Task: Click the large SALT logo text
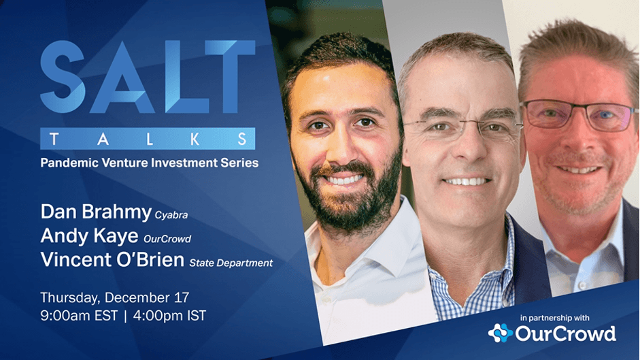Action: tap(148, 77)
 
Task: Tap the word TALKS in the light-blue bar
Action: tap(148, 139)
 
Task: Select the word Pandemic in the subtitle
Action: tap(69, 163)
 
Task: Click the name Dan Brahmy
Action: tap(96, 212)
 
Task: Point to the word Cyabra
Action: tap(171, 215)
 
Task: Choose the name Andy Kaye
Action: tap(89, 235)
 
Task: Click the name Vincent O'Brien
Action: tap(112, 259)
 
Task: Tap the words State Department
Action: tap(231, 263)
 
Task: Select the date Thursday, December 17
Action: tap(115, 297)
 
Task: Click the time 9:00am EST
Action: tap(79, 316)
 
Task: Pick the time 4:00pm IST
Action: tap(169, 316)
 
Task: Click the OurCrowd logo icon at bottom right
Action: tap(501, 333)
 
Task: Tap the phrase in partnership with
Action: tap(555, 318)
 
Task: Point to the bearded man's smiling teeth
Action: tap(344, 179)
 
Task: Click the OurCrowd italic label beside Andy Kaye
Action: tap(167, 239)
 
